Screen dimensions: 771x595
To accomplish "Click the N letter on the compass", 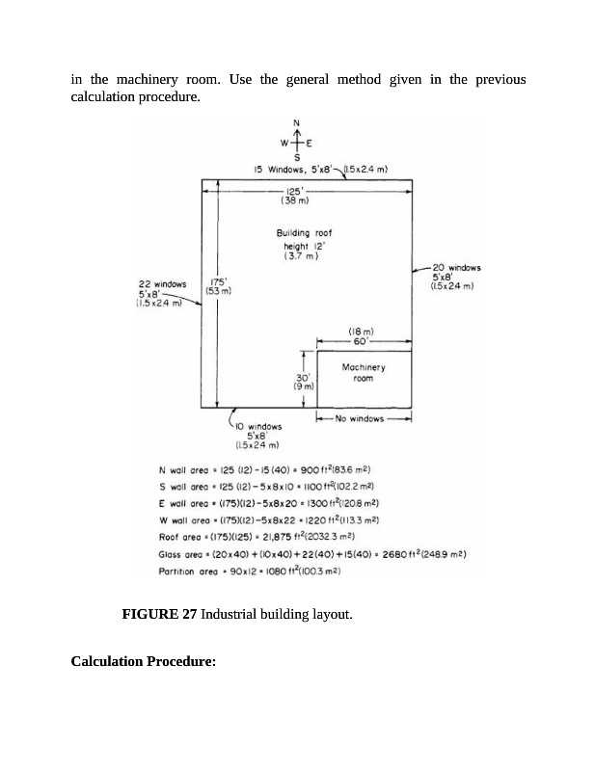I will pos(296,121).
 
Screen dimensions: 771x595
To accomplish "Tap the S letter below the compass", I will pos(296,157).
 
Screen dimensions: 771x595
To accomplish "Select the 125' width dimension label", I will pos(293,191).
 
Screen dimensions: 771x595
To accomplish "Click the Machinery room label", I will pos(364,372).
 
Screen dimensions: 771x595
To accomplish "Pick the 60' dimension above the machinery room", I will pos(362,340).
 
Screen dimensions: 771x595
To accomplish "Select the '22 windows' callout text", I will pos(163,284).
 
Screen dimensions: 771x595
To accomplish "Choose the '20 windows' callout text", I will pos(457,268).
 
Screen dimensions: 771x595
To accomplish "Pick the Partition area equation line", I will pos(253,572).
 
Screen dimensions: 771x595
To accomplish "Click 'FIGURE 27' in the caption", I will pos(159,614).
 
